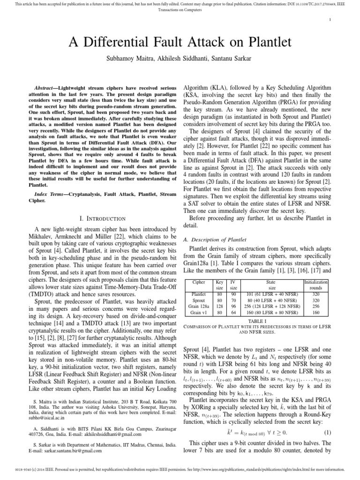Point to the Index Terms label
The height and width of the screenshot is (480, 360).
[x=53, y=194]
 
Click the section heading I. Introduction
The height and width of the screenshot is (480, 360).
[x=102, y=218]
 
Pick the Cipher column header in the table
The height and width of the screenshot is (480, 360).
[x=199, y=283]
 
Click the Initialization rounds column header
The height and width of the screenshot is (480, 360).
[x=316, y=285]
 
